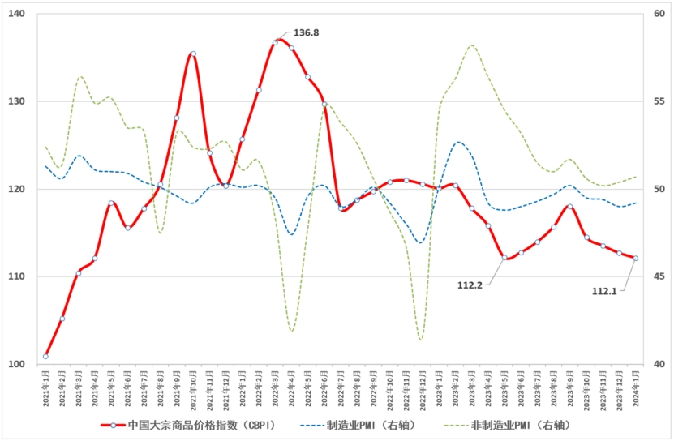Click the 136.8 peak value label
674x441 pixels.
click(x=306, y=33)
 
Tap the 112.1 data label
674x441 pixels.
click(x=604, y=290)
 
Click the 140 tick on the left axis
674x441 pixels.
click(x=17, y=15)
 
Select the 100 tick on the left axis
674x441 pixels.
click(x=17, y=365)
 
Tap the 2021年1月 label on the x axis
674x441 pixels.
click(x=45, y=387)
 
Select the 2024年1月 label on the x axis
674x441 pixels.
click(x=635, y=387)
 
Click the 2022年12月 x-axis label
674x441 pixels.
click(x=423, y=388)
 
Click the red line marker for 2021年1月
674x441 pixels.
click(x=45, y=356)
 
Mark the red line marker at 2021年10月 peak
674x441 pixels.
click(x=193, y=54)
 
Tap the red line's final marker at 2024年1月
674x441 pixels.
click(x=635, y=259)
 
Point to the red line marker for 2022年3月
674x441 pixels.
click(x=275, y=42)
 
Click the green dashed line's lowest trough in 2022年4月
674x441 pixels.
click(x=291, y=331)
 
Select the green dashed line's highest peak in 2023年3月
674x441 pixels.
click(x=472, y=45)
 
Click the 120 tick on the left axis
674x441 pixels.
click(x=17, y=190)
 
